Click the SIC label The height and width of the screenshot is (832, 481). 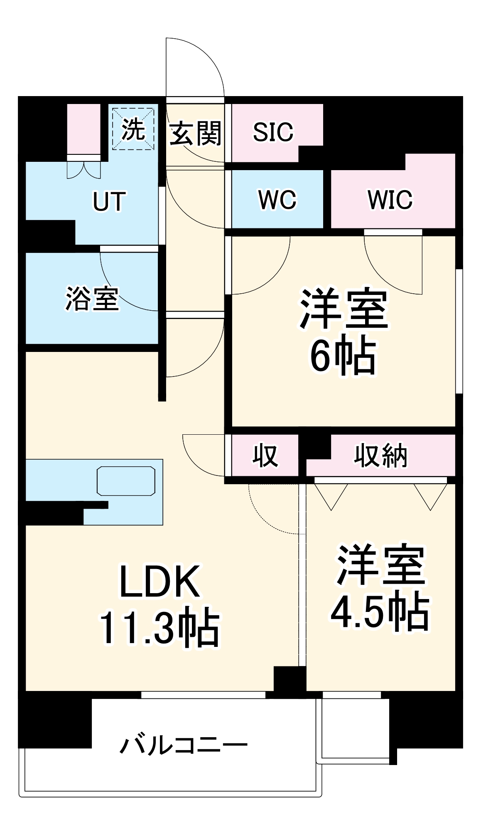click(273, 132)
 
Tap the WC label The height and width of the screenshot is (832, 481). click(277, 200)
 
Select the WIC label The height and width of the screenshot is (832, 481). click(390, 200)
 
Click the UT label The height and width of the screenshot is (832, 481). click(109, 202)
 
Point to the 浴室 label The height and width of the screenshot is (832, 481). click(92, 299)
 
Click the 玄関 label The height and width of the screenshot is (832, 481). click(195, 133)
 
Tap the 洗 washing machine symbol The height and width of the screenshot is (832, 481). click(133, 129)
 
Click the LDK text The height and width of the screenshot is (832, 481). click(160, 582)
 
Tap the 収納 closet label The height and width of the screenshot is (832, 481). click(380, 456)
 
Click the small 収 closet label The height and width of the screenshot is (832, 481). click(265, 456)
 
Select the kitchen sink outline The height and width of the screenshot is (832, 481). click(126, 481)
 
